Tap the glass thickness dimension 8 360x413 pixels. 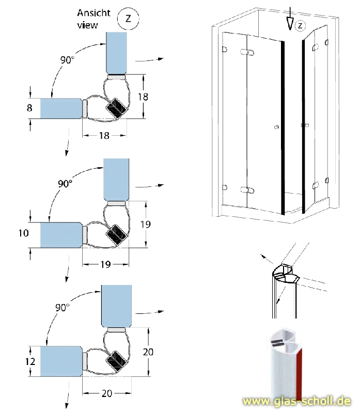(x=29, y=108)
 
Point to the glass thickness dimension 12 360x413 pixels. (x=30, y=361)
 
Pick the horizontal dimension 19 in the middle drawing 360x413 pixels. (x=105, y=264)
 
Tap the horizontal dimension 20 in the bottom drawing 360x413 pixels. (x=107, y=393)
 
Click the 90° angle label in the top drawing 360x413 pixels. (x=67, y=60)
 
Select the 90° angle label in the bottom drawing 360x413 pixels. (x=62, y=308)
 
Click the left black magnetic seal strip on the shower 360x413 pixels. (x=282, y=127)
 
